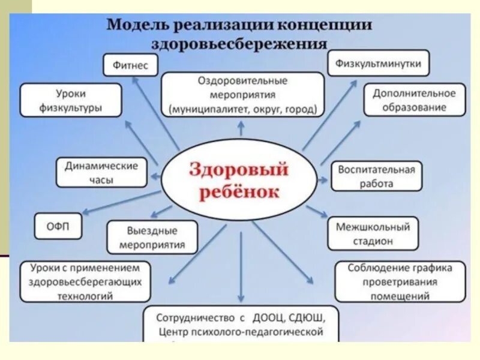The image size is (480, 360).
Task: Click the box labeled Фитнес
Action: pyautogui.click(x=130, y=65)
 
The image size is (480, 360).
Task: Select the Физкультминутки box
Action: pyautogui.click(x=379, y=63)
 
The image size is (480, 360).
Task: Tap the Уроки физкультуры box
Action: pyautogui.click(x=71, y=101)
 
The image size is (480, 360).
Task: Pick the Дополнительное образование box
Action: pyautogui.click(x=414, y=100)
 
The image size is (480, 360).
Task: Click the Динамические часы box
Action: pyautogui.click(x=101, y=172)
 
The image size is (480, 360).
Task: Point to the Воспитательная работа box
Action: pyautogui.click(x=376, y=176)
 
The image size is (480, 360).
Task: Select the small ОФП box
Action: pyautogui.click(x=58, y=226)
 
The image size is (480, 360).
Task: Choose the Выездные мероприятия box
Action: pyautogui.click(x=152, y=238)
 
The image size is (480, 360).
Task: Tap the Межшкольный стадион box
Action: pyautogui.click(x=373, y=234)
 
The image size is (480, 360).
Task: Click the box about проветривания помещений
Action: pyautogui.click(x=400, y=281)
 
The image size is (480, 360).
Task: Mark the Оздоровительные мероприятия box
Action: pyautogui.click(x=242, y=95)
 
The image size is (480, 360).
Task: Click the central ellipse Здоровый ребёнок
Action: pyautogui.click(x=239, y=179)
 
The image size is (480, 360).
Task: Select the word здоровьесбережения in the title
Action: pyautogui.click(x=239, y=45)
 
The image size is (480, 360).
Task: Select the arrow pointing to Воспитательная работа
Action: pyautogui.click(x=324, y=179)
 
